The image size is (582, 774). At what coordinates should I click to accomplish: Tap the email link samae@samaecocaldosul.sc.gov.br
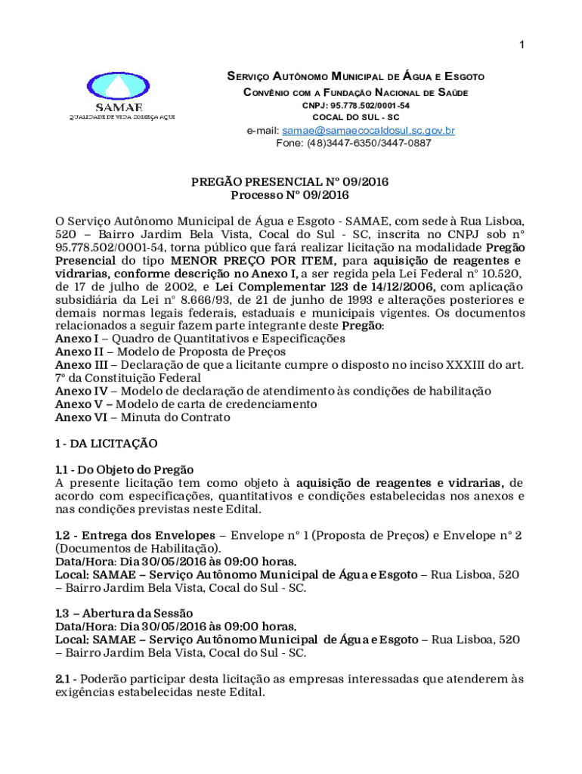(x=368, y=131)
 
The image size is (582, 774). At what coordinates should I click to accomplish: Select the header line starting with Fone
(x=354, y=142)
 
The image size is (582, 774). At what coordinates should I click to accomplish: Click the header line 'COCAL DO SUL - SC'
(x=355, y=117)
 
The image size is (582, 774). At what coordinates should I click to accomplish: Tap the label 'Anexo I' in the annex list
(x=71, y=339)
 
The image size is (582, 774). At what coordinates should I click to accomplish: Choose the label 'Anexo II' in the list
(x=73, y=351)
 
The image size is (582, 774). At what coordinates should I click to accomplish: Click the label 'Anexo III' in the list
(x=76, y=364)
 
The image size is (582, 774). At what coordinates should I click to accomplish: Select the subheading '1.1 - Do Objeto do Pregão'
(x=124, y=469)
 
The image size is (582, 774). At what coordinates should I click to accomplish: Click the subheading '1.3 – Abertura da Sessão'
(x=124, y=613)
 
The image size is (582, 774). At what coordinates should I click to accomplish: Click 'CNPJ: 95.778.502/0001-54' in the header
(x=356, y=105)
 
